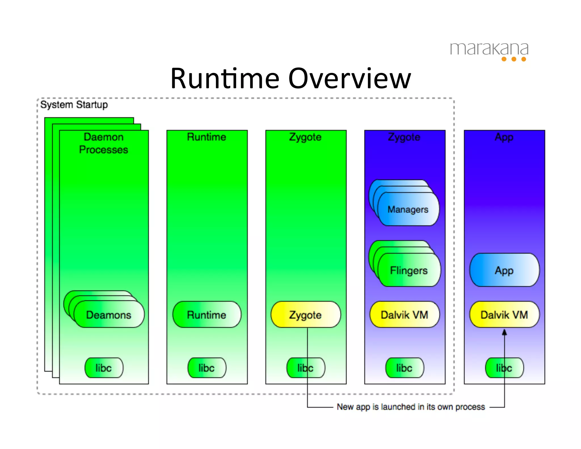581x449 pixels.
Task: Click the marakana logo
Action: tap(489, 51)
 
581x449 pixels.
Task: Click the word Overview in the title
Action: tap(350, 79)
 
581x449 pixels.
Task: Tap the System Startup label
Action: tap(74, 105)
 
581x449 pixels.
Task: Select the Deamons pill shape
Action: tap(109, 314)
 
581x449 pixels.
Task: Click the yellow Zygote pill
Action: tap(305, 314)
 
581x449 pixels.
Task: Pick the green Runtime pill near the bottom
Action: tap(207, 314)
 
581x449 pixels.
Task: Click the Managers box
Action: tap(408, 209)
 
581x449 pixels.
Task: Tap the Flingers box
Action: tap(409, 270)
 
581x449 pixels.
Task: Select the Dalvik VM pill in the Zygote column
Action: tap(404, 314)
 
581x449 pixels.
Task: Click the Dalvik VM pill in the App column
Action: tap(504, 314)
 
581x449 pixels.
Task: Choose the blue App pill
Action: tap(504, 270)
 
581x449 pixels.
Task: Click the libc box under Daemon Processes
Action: tap(104, 368)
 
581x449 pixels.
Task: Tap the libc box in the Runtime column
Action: tap(207, 368)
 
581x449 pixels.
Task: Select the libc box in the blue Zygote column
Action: tap(404, 368)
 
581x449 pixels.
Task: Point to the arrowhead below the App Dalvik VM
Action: tap(504, 332)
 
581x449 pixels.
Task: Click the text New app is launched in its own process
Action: tap(411, 407)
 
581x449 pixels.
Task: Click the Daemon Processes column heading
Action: tap(104, 143)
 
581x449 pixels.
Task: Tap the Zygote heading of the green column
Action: tap(305, 137)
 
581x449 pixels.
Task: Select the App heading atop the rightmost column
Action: tap(504, 137)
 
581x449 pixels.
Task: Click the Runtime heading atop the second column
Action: tap(207, 137)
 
